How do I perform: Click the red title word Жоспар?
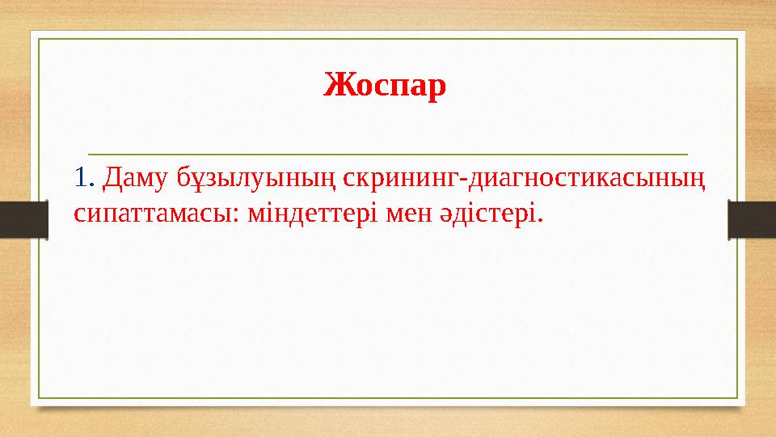pos(385,84)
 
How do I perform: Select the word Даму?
pos(135,176)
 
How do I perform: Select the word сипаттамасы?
pos(151,214)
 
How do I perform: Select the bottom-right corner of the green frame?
pos(737,398)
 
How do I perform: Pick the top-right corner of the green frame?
pos(737,39)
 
